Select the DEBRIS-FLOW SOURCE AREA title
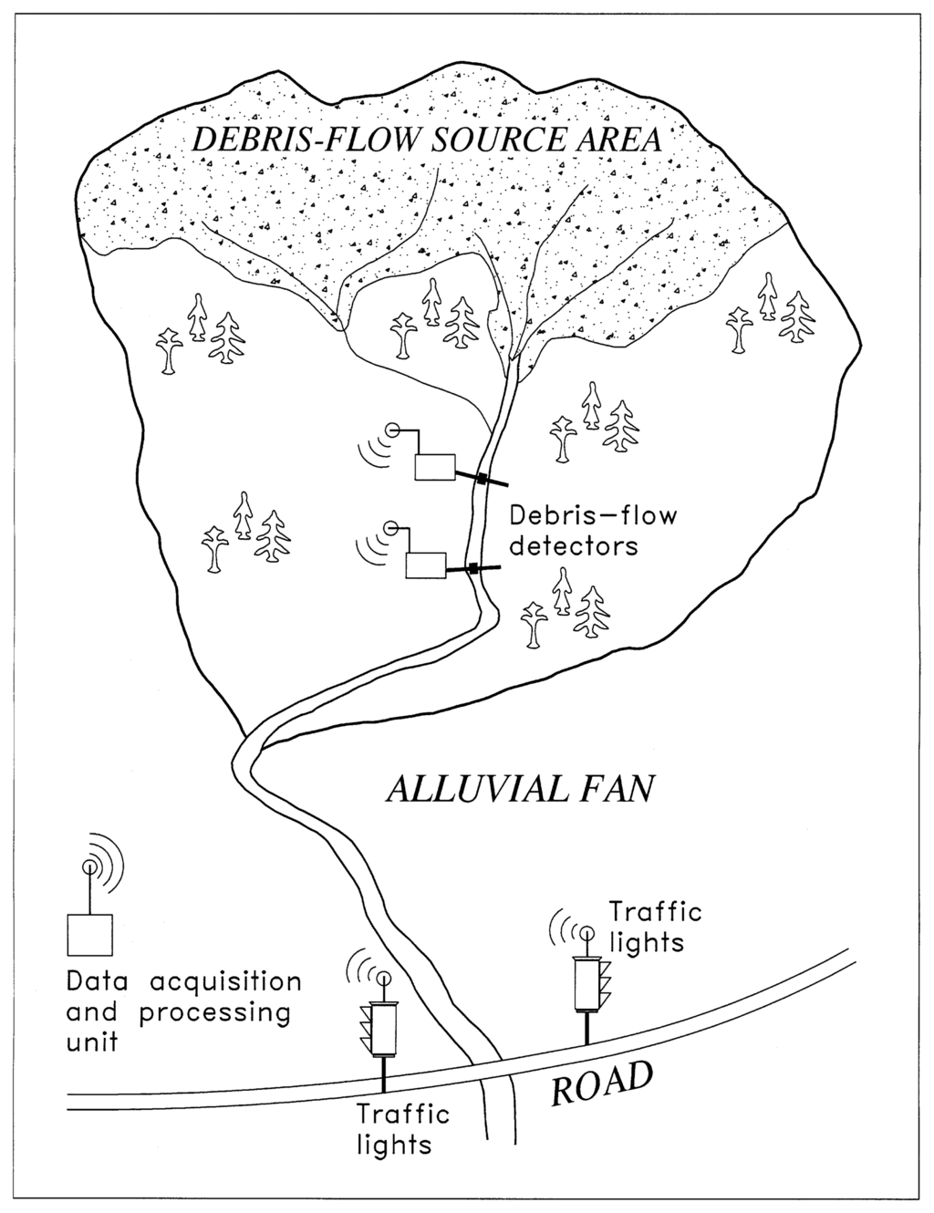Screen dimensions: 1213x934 click(x=428, y=141)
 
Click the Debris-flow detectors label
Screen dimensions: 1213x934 click(x=593, y=531)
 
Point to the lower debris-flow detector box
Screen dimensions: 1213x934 click(x=425, y=565)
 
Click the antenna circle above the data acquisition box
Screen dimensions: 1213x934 click(x=89, y=865)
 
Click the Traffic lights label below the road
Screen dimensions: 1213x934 click(x=403, y=1129)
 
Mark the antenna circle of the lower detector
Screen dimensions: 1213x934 click(x=391, y=526)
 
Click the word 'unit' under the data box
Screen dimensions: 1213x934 click(x=92, y=1042)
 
